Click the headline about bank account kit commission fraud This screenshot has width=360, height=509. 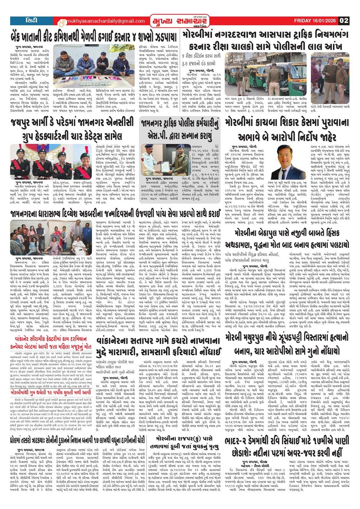pyautogui.click(x=94, y=38)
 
